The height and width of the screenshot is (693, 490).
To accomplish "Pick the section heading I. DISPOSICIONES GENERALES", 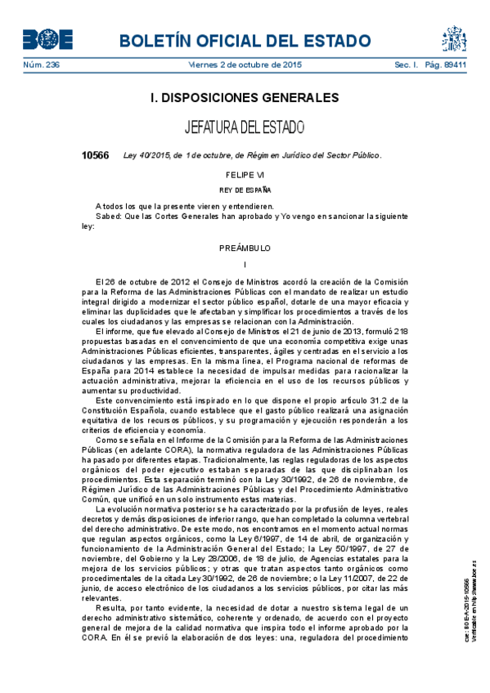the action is [x=245, y=98].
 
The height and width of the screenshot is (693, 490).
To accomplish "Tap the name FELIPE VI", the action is [x=245, y=175].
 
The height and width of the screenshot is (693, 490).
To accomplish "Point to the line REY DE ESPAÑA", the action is [x=245, y=190].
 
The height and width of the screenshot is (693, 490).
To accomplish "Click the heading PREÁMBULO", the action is [x=245, y=248].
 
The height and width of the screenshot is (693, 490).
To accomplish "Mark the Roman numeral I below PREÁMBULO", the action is [x=245, y=263].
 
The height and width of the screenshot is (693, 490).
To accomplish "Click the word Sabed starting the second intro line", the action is [x=107, y=217].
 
